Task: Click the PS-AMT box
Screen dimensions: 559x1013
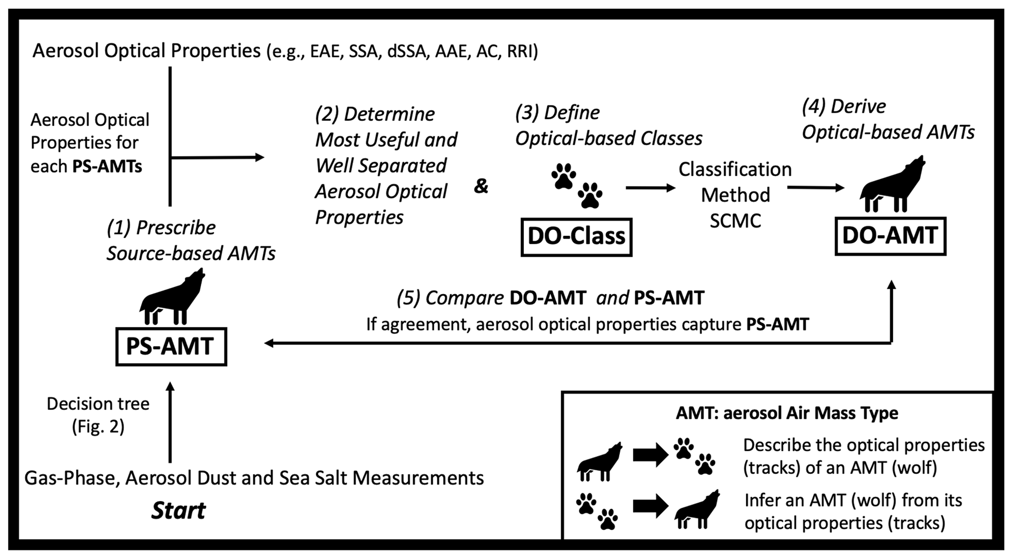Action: click(171, 346)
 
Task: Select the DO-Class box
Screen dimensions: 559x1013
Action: click(576, 237)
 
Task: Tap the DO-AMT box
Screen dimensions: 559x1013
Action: click(890, 236)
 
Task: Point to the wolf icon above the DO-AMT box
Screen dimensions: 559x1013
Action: click(892, 184)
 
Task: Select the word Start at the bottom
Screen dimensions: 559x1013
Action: click(178, 511)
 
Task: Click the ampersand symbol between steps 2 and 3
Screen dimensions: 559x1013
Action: click(481, 186)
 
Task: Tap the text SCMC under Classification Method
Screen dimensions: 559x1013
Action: click(735, 221)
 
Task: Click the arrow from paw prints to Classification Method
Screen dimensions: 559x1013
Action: click(650, 188)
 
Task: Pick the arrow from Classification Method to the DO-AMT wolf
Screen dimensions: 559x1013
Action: click(815, 188)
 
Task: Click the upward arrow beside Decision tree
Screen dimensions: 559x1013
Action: click(170, 422)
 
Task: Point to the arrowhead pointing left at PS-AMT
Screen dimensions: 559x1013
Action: click(269, 343)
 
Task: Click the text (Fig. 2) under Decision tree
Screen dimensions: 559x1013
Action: click(98, 427)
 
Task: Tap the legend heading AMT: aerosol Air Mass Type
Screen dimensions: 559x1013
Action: click(787, 413)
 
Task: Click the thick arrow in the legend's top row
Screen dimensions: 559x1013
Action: click(650, 455)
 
